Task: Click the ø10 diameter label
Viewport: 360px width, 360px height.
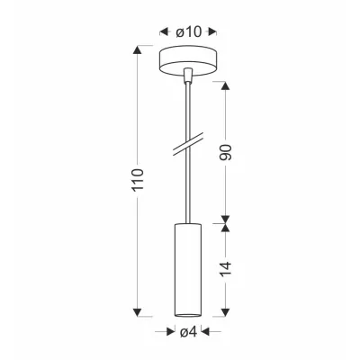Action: pyautogui.click(x=189, y=31)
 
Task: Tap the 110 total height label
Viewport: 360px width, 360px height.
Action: pyautogui.click(x=138, y=180)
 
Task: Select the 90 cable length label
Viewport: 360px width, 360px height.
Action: pyautogui.click(x=226, y=152)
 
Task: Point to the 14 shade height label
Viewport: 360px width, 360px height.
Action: pyautogui.click(x=226, y=269)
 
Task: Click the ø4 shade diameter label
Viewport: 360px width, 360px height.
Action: pyautogui.click(x=188, y=332)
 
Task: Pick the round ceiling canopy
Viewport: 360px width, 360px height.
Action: pyautogui.click(x=188, y=60)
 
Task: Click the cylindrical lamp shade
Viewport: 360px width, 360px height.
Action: pyautogui.click(x=188, y=270)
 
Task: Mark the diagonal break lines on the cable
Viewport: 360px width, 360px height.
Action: pyautogui.click(x=188, y=146)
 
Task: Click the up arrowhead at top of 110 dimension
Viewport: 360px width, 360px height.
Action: pyautogui.click(x=138, y=49)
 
